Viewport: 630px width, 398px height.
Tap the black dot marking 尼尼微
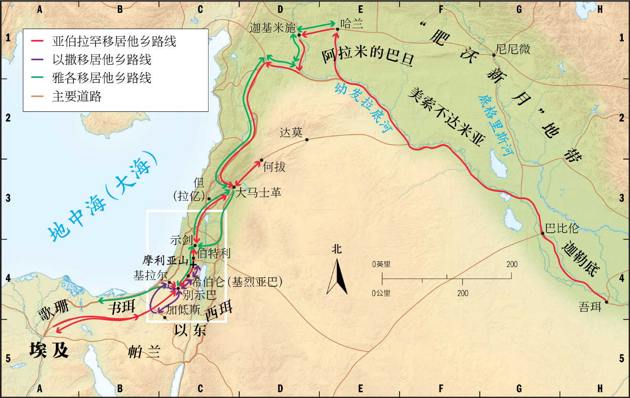(494, 55)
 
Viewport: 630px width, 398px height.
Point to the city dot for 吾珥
(606, 301)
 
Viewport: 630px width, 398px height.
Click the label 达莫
(291, 132)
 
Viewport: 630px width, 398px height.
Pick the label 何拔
(274, 166)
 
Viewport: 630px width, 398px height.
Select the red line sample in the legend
(37, 42)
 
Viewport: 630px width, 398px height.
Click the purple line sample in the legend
(37, 60)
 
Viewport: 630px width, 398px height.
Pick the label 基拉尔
(149, 276)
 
